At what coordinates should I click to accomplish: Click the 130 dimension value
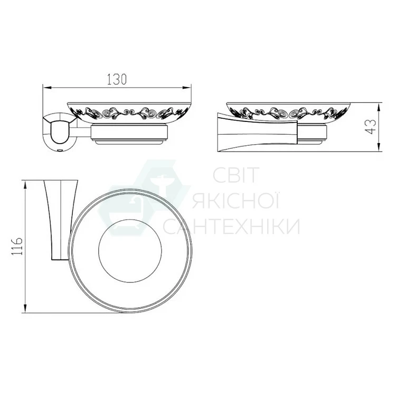click(117, 79)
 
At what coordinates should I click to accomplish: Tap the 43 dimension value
click(370, 127)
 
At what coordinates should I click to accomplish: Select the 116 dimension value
click(17, 246)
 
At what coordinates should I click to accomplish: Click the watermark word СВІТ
click(236, 175)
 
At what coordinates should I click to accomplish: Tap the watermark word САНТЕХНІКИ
click(232, 226)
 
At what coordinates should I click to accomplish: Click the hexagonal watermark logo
click(144, 200)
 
